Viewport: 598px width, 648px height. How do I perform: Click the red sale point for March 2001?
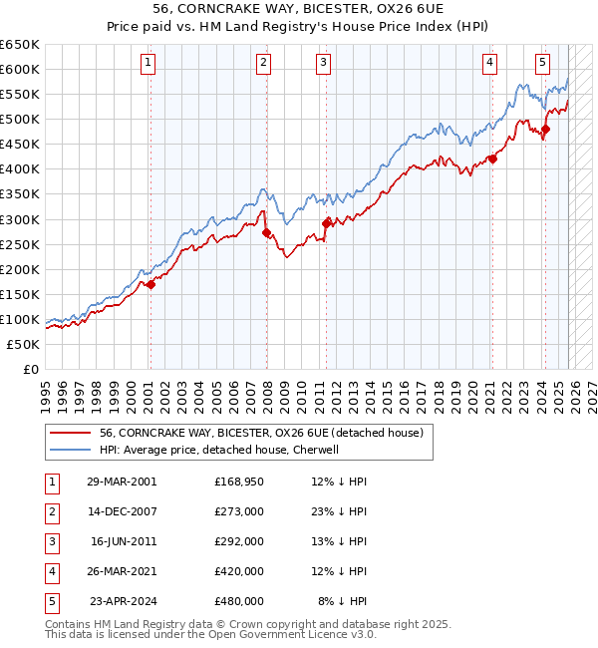pyautogui.click(x=150, y=285)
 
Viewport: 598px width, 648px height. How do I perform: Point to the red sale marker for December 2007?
pyautogui.click(x=266, y=232)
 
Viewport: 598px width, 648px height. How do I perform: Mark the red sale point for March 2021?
pyautogui.click(x=492, y=159)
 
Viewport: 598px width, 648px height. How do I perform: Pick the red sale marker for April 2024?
pyautogui.click(x=545, y=129)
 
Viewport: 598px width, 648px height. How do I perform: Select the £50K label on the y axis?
pyautogui.click(x=24, y=344)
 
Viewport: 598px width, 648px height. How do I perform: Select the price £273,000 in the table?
pyautogui.click(x=239, y=510)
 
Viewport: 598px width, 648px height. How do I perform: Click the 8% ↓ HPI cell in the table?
pyautogui.click(x=342, y=601)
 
